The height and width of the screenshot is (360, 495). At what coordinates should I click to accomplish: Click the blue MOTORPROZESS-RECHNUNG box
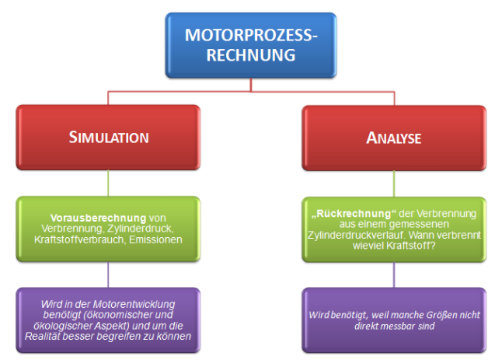pos(250,45)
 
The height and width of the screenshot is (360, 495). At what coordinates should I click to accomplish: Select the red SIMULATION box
pos(108,138)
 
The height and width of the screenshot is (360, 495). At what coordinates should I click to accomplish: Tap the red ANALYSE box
pos(393,138)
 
